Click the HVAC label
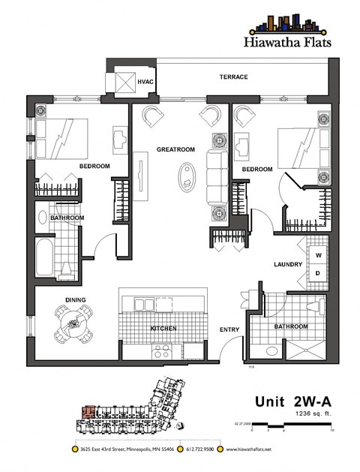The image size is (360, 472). pyautogui.click(x=145, y=81)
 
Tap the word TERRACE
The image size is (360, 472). pyautogui.click(x=233, y=77)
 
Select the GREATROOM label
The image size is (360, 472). pyautogui.click(x=175, y=149)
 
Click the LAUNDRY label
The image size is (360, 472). pyautogui.click(x=287, y=264)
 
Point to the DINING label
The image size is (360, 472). pyautogui.click(x=75, y=299)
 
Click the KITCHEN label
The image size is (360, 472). pyautogui.click(x=163, y=329)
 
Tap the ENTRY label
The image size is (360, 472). pyautogui.click(x=229, y=329)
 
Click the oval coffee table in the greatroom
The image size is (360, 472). pyautogui.click(x=184, y=179)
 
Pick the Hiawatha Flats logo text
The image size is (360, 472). pyautogui.click(x=289, y=43)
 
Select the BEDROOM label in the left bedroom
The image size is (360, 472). pyautogui.click(x=94, y=166)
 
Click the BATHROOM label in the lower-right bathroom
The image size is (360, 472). pyautogui.click(x=291, y=326)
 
